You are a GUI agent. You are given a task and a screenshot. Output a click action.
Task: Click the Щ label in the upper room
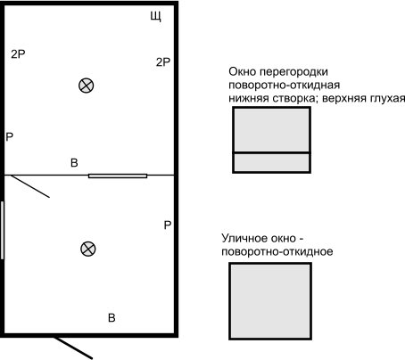click(155, 16)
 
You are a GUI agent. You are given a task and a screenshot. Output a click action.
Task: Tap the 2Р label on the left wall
click(18, 54)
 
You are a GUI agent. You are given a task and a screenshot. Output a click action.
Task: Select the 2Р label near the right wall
click(163, 62)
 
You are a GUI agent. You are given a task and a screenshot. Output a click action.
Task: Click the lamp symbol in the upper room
click(87, 86)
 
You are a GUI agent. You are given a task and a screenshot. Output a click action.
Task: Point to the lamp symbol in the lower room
click(88, 249)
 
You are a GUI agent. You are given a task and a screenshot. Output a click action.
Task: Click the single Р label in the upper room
click(10, 137)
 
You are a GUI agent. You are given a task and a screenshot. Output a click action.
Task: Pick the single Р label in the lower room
click(168, 225)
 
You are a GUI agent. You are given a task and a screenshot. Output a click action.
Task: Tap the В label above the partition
click(74, 163)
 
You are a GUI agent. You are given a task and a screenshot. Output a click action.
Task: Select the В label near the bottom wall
click(112, 318)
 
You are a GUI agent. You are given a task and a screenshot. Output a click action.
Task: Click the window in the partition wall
click(118, 176)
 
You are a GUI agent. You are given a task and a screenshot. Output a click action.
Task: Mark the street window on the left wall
click(3, 230)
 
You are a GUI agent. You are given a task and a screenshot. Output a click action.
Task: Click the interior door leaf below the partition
click(30, 186)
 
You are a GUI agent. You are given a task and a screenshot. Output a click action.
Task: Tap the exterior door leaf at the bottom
click(73, 348)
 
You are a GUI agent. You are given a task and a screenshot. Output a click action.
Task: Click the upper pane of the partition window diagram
click(271, 130)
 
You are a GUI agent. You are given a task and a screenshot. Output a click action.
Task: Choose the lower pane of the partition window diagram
click(271, 162)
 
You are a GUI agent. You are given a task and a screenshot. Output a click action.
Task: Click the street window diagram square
click(270, 301)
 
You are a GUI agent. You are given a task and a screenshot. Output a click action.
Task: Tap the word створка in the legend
click(293, 98)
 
